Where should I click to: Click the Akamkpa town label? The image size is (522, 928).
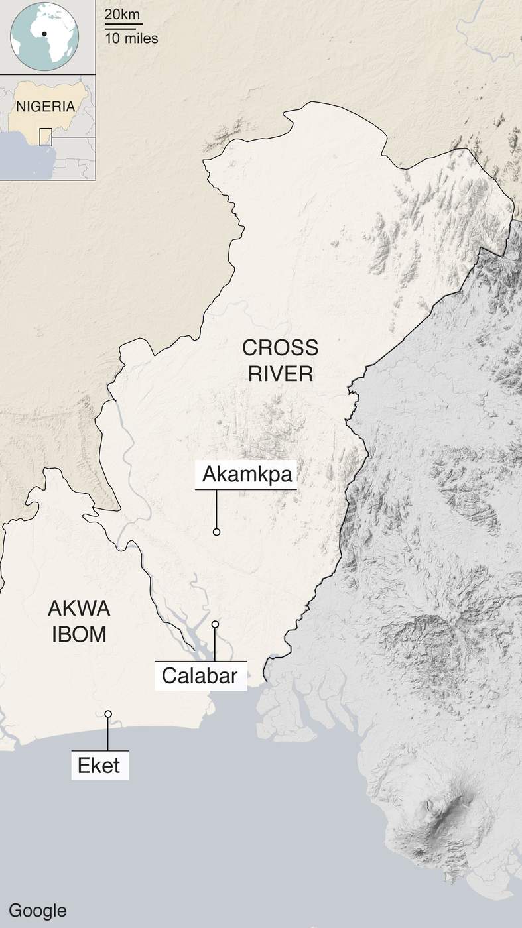click(246, 475)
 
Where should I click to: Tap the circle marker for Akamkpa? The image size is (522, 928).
click(216, 532)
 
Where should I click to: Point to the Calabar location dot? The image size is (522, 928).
click(215, 624)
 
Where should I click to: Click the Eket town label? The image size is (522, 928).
click(99, 766)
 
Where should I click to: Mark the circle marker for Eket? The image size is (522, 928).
click(108, 714)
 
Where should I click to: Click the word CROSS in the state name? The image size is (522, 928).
click(280, 347)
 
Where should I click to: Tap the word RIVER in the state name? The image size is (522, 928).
click(280, 373)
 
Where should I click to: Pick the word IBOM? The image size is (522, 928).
click(79, 634)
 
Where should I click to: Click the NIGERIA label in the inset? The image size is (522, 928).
click(45, 106)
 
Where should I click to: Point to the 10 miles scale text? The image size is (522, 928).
click(131, 38)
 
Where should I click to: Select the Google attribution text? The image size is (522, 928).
click(38, 910)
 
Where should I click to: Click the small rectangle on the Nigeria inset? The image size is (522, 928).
click(46, 137)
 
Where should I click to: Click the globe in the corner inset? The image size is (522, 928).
click(45, 36)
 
